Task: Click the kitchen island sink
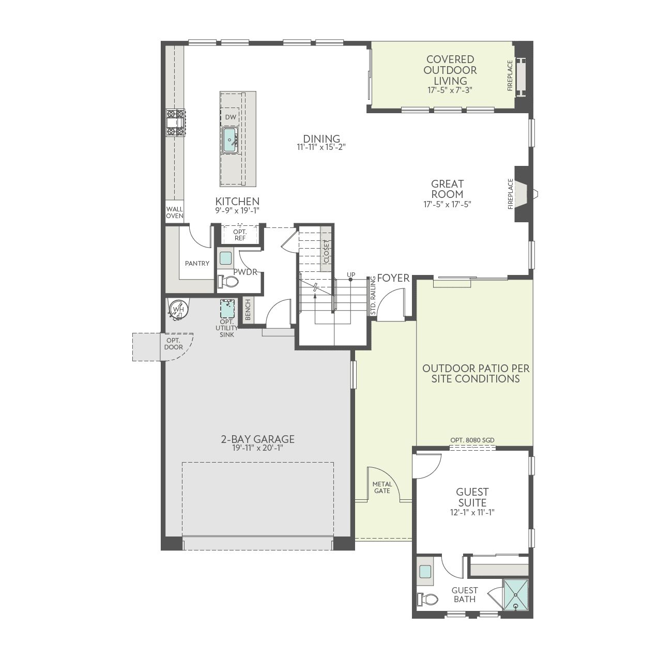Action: (230, 140)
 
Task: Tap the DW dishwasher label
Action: (231, 117)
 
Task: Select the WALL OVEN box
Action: (174, 212)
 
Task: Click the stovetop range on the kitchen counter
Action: (176, 123)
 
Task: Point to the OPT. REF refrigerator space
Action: (240, 235)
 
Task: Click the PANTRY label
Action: (197, 263)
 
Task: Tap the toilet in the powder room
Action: (228, 282)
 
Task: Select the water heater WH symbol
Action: (178, 310)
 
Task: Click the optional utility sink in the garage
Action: (227, 309)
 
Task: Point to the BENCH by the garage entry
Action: (248, 310)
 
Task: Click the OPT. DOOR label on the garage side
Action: (173, 344)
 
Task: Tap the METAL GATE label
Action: (382, 487)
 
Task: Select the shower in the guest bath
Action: (516, 595)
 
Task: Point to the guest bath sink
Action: (425, 571)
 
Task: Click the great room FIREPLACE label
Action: (511, 194)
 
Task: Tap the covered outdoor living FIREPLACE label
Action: (510, 75)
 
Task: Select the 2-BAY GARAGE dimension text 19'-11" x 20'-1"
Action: (257, 448)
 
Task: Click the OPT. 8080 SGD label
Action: (472, 440)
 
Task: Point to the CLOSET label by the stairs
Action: (326, 252)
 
